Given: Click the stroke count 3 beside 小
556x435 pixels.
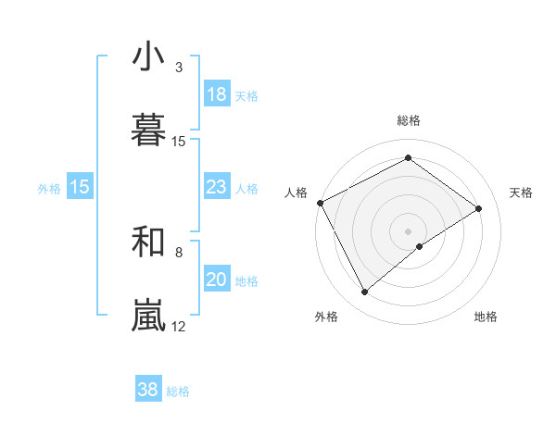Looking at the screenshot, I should coord(179,68).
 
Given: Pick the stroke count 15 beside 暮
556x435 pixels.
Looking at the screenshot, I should coord(179,142).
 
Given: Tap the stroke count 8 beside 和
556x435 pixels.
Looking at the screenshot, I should coord(179,252).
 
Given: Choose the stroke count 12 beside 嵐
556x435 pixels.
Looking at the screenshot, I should coord(179,326).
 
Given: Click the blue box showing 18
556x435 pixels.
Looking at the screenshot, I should coord(217,94).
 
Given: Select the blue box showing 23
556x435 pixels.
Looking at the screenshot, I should coord(217,187).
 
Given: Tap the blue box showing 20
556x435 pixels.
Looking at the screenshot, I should coord(217,280).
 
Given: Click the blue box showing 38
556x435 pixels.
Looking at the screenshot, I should coord(148,391).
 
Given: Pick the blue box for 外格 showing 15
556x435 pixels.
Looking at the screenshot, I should coord(80,187).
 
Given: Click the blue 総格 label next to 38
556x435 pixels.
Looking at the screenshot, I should coord(178,391).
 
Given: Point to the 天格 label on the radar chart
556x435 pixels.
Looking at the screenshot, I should coord(522,193).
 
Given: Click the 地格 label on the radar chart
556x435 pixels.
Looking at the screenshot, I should coord(486,317).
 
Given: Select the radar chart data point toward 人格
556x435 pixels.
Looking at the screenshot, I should coord(320,203).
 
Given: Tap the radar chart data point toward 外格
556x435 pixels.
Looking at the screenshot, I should coord(364,292).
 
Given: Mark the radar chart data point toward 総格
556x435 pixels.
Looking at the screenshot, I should coord(408,158).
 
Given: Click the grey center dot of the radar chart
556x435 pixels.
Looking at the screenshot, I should coord(408,230).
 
